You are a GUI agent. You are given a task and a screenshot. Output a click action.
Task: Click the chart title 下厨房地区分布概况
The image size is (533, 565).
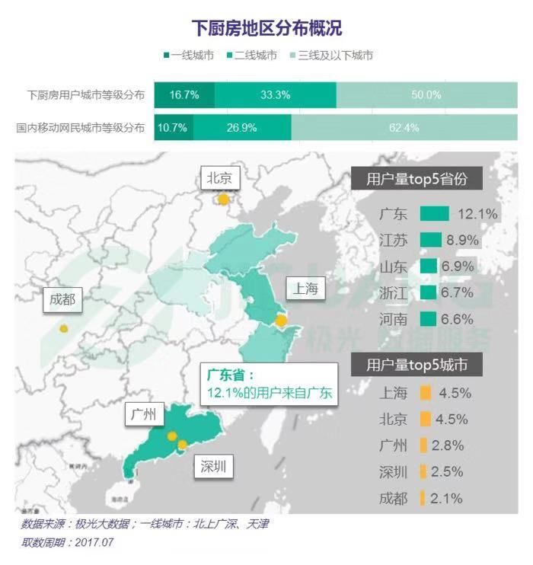(x=266, y=29)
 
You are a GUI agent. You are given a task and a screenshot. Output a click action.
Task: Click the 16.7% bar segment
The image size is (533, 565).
(x=184, y=95)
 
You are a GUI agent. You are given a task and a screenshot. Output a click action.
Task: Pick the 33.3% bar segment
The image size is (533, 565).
(x=275, y=95)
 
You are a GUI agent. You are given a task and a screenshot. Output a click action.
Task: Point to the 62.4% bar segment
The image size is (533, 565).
(x=404, y=127)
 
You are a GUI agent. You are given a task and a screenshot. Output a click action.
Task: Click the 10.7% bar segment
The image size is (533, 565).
(x=173, y=127)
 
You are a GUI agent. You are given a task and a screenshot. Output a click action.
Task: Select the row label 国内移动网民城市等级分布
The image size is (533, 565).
(x=80, y=128)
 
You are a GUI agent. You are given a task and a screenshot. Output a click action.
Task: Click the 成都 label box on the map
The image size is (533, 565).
(x=62, y=299)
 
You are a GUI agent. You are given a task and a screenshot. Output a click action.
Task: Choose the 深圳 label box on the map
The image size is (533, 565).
(x=212, y=467)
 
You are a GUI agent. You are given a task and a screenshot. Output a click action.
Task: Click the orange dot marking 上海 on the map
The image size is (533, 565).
(x=281, y=321)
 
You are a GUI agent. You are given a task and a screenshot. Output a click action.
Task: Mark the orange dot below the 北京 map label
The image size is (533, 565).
(x=223, y=200)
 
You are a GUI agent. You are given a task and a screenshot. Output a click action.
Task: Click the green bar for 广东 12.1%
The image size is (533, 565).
(x=434, y=214)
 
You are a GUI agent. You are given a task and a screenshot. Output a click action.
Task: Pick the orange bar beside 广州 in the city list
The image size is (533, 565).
(x=422, y=445)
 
